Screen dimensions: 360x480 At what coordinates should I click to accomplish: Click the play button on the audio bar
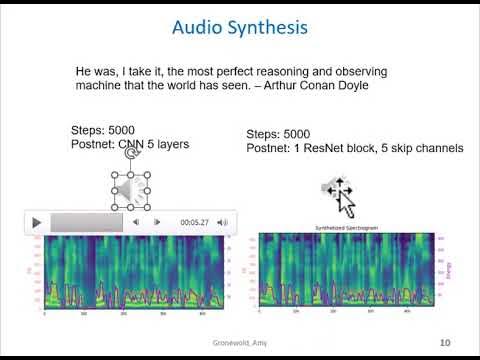37,222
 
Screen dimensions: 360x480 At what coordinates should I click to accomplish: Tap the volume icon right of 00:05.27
223,222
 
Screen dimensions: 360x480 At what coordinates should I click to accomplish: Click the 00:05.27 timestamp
194,222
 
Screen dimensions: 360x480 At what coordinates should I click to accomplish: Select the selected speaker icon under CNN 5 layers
130,190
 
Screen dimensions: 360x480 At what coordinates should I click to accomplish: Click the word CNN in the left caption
130,145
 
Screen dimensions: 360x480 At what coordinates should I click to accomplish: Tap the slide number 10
445,343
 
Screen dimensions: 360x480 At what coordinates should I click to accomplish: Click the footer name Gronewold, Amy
240,343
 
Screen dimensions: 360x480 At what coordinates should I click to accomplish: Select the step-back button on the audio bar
136,222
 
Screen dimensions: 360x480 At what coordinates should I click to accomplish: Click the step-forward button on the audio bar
157,222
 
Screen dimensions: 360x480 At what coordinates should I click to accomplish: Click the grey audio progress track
86,222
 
